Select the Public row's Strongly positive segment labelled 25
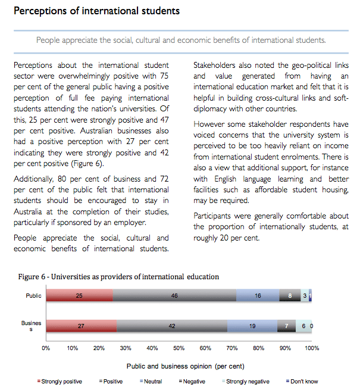(x=79, y=296)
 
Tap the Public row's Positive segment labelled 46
(x=174, y=296)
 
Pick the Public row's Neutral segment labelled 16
(x=258, y=296)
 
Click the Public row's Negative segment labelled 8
(x=290, y=296)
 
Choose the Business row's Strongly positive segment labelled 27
(x=82, y=326)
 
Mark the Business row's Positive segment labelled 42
(x=172, y=326)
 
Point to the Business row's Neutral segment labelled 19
(x=252, y=326)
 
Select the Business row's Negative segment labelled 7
(x=286, y=326)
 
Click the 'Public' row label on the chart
(x=34, y=295)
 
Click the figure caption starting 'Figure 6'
(x=118, y=276)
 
